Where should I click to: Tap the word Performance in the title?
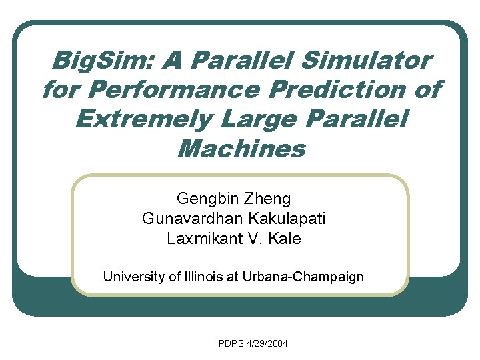click(169, 90)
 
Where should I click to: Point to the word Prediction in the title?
click(353, 90)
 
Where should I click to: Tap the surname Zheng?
click(267, 199)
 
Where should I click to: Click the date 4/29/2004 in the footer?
click(267, 344)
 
